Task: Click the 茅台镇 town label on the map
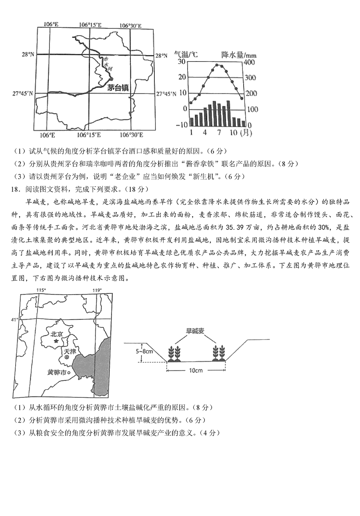(x=118, y=88)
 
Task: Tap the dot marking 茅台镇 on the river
(x=112, y=79)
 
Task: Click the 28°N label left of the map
(x=28, y=54)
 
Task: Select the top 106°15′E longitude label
(x=90, y=25)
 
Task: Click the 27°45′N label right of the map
(x=166, y=94)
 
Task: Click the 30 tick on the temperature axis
(x=182, y=61)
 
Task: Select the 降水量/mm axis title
(x=239, y=55)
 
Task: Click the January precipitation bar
(x=192, y=122)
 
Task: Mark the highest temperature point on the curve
(x=217, y=65)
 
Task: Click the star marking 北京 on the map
(x=56, y=341)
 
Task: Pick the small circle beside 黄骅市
(x=68, y=372)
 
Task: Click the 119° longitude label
(x=97, y=290)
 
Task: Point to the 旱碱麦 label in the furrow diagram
(x=195, y=331)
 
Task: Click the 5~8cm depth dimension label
(x=144, y=351)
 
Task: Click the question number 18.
(x=14, y=189)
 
